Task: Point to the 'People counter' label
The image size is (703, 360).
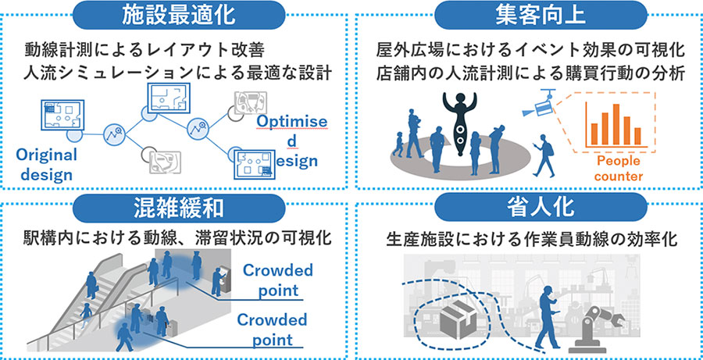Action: point(618,169)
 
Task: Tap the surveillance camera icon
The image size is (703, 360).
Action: point(544,105)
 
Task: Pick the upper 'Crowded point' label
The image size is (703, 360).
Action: point(277,280)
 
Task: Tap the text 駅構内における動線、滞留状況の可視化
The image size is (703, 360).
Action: point(174,237)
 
